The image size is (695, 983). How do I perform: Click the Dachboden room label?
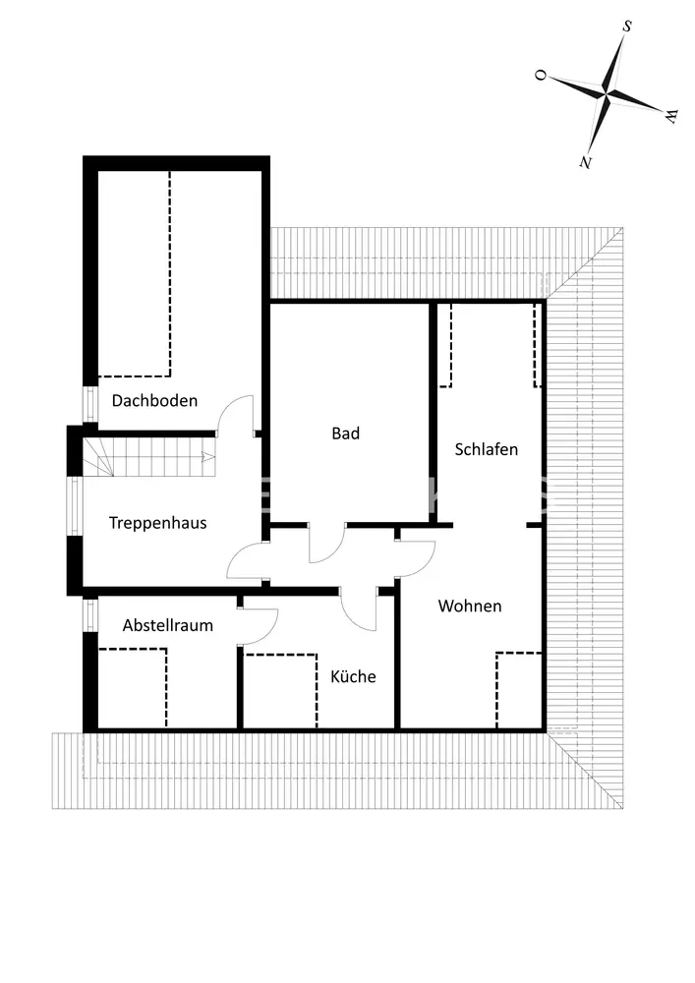tap(154, 401)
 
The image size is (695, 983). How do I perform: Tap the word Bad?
tap(345, 434)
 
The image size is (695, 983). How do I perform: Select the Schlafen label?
tap(486, 449)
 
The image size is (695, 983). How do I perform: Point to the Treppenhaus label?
tap(158, 523)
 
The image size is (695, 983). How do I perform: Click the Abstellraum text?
tap(168, 625)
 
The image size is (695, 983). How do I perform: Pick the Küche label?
tap(353, 676)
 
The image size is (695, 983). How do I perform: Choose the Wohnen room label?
tap(470, 607)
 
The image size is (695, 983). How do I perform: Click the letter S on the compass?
tap(626, 27)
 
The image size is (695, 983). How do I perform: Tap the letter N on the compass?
tap(586, 160)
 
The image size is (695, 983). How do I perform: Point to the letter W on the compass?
tap(671, 116)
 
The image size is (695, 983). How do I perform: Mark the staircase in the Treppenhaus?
tap(147, 456)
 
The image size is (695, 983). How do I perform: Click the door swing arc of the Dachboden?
tap(236, 414)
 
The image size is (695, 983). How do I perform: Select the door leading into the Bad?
tap(326, 544)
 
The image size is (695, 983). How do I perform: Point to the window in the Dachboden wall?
tap(89, 404)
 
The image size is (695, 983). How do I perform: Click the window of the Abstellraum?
tap(90, 616)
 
